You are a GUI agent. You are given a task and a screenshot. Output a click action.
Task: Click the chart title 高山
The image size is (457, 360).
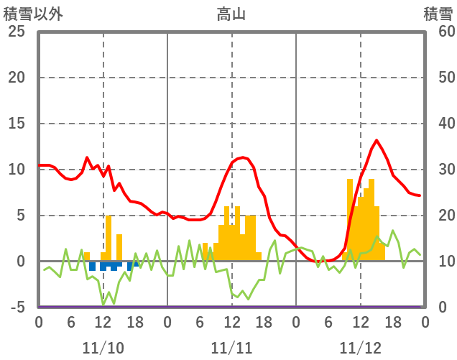231,14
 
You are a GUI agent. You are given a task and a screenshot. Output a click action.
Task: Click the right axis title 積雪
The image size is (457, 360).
437,14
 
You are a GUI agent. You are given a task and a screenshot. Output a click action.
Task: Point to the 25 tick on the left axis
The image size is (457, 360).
17,32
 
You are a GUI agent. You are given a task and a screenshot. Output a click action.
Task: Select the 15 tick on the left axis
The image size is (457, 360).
17,124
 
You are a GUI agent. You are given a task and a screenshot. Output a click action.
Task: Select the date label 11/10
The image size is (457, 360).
103,349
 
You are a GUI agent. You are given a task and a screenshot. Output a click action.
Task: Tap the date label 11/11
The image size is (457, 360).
231,349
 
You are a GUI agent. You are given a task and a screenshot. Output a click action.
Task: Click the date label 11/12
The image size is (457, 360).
361,349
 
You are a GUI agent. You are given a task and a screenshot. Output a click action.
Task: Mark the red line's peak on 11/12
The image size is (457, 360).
377,140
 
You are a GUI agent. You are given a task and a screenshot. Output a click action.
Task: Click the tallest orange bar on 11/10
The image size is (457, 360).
109,237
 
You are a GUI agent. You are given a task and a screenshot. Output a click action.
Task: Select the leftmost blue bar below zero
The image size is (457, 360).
92,266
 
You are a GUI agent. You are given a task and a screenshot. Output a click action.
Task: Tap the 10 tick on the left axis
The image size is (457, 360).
17,170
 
